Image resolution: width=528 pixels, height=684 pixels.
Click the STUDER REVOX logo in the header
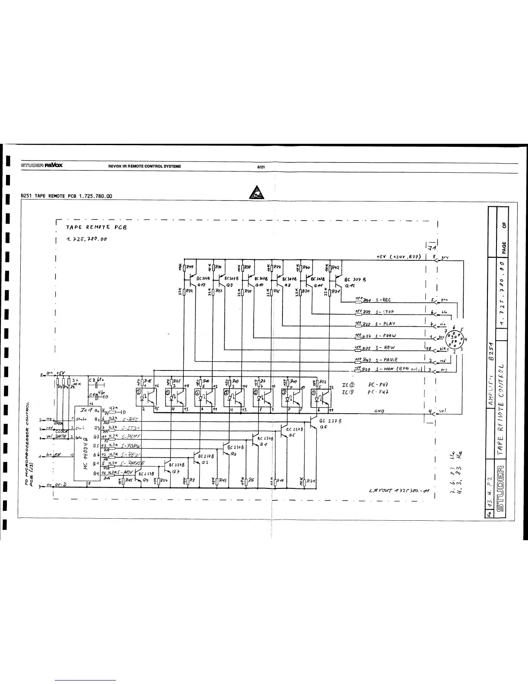(x=42, y=166)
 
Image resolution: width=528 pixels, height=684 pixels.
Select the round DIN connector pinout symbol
(x=454, y=339)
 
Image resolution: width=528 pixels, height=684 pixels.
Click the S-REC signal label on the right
(x=383, y=300)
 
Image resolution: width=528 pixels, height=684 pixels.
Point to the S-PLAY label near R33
(x=385, y=323)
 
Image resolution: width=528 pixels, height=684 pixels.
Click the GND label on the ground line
(x=380, y=411)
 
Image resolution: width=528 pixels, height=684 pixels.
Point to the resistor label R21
(x=311, y=480)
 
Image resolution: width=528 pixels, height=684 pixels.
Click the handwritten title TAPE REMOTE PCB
(x=94, y=227)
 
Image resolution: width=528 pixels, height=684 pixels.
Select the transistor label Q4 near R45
(x=145, y=479)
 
